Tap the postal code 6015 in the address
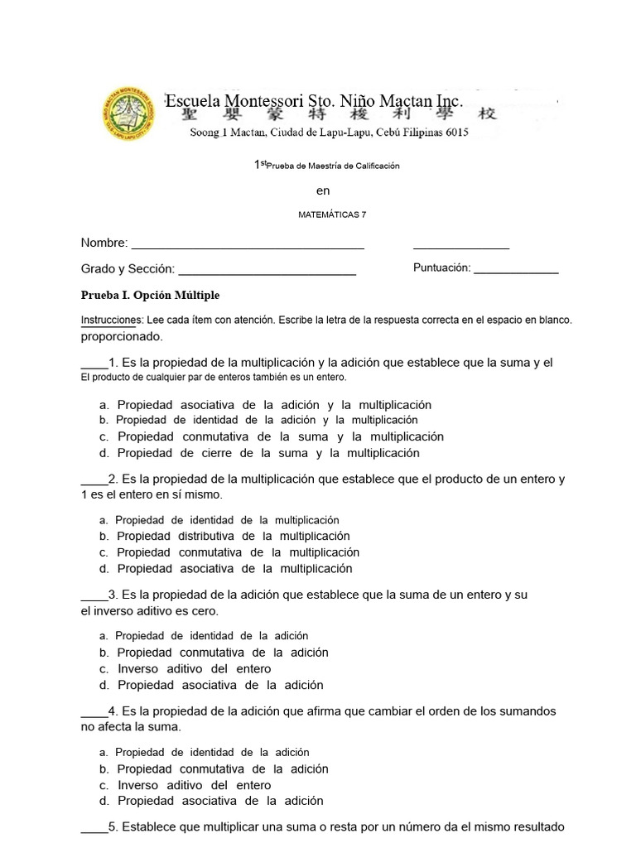[x=455, y=132]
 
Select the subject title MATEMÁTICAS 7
[x=331, y=214]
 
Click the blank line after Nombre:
[x=248, y=244]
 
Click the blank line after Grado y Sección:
[x=267, y=270]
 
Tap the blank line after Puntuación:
[x=516, y=269]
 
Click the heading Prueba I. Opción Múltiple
[x=150, y=296]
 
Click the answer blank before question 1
[x=94, y=364]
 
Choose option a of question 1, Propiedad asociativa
[x=273, y=405]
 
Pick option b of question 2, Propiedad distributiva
[x=233, y=536]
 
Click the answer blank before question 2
[x=94, y=479]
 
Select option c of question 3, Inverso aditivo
[x=194, y=668]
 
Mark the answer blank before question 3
[x=94, y=595]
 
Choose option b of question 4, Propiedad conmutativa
[x=222, y=768]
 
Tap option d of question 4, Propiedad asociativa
[x=219, y=801]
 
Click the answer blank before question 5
[x=94, y=827]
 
